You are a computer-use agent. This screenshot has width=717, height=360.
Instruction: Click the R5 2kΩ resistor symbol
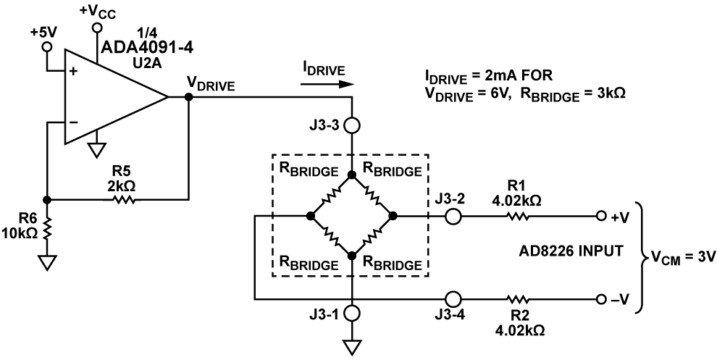[122, 199]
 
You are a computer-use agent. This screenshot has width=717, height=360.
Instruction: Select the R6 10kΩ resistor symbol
[46, 230]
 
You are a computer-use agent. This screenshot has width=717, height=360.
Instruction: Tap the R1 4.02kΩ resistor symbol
[518, 216]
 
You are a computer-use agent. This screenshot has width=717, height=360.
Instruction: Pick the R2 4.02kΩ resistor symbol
[518, 300]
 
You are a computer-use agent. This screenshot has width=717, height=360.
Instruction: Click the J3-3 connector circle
[352, 125]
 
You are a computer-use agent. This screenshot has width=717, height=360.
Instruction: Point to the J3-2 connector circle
[453, 216]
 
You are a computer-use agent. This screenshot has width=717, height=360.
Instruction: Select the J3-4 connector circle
[453, 300]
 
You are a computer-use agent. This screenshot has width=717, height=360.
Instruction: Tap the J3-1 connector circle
[352, 314]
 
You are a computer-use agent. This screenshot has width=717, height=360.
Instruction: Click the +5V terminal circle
[46, 46]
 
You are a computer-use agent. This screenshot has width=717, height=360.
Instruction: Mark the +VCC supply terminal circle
[96, 28]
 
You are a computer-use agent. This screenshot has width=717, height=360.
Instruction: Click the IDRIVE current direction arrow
[327, 84]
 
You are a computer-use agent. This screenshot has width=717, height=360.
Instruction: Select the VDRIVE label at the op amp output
[211, 85]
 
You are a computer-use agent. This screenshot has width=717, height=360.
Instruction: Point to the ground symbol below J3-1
[352, 347]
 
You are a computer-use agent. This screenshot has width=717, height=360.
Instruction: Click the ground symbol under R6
[46, 263]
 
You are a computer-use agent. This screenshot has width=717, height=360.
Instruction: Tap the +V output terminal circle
[601, 216]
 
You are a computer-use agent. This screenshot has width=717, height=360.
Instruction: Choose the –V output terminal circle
[601, 300]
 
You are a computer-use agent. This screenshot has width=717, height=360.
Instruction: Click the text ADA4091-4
[147, 47]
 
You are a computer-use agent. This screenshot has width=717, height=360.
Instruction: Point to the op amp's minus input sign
[74, 122]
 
